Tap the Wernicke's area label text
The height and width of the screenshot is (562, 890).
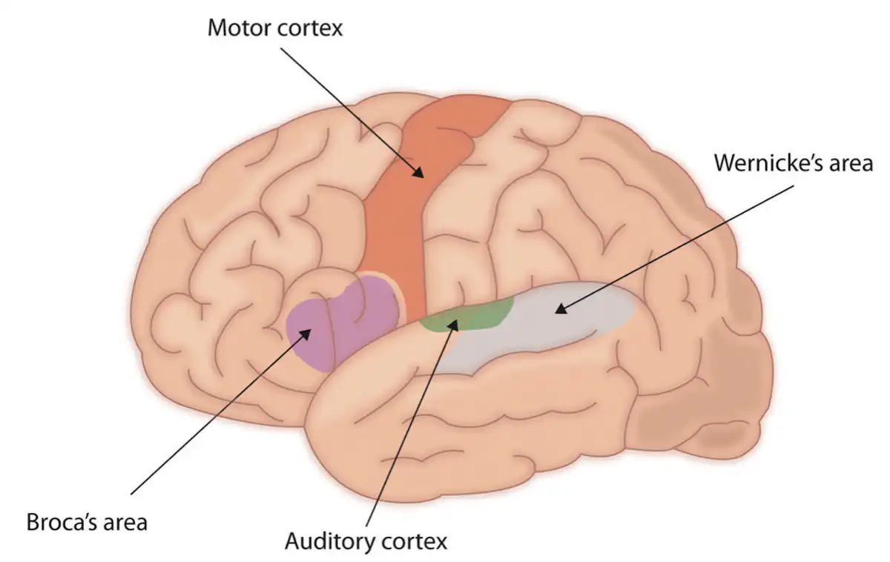point(794,162)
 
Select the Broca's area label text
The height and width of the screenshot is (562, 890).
point(87,521)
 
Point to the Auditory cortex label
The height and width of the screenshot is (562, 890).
point(366,541)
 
